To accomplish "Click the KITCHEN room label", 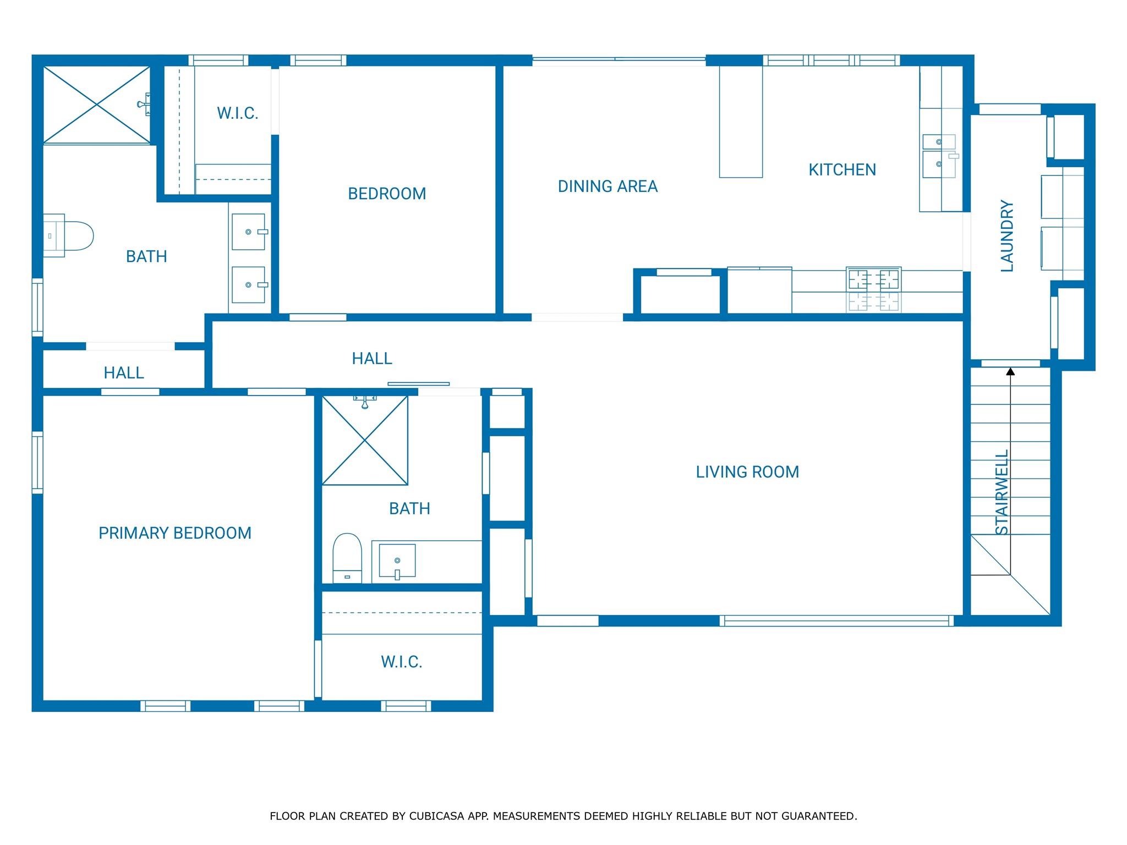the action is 842,169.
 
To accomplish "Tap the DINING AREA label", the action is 608,186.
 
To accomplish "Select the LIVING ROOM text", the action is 747,472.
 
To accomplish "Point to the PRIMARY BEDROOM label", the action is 175,533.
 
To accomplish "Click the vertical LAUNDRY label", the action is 1006,235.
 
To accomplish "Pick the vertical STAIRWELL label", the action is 1002,492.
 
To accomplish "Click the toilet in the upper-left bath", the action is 68,235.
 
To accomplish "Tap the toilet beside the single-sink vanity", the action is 347,558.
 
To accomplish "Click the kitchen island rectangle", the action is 741,122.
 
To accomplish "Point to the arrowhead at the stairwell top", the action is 1010,372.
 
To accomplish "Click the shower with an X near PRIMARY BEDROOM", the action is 365,440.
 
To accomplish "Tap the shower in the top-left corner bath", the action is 97,105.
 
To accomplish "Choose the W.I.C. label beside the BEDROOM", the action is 238,113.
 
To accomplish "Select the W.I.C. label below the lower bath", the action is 402,662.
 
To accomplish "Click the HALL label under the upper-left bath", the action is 124,373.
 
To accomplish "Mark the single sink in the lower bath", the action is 397,561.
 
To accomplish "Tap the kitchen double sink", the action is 939,156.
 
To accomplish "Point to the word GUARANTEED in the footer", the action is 819,816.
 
